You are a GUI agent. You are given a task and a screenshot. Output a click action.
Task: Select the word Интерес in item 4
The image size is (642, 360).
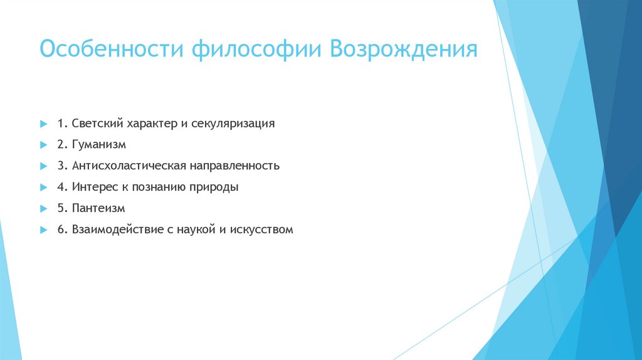pyautogui.click(x=92, y=187)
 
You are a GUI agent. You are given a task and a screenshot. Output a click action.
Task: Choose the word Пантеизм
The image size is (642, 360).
pyautogui.click(x=99, y=208)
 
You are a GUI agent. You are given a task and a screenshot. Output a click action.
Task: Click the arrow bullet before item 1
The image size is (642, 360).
pyautogui.click(x=43, y=124)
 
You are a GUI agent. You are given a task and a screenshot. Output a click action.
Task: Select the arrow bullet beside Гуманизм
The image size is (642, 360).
pyautogui.click(x=43, y=145)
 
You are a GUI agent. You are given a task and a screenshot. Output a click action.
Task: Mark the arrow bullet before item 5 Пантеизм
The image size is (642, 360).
pyautogui.click(x=43, y=209)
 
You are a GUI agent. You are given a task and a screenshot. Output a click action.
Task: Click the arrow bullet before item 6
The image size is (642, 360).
pyautogui.click(x=43, y=230)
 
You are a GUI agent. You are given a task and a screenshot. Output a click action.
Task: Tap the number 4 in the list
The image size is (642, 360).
pyautogui.click(x=60, y=187)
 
